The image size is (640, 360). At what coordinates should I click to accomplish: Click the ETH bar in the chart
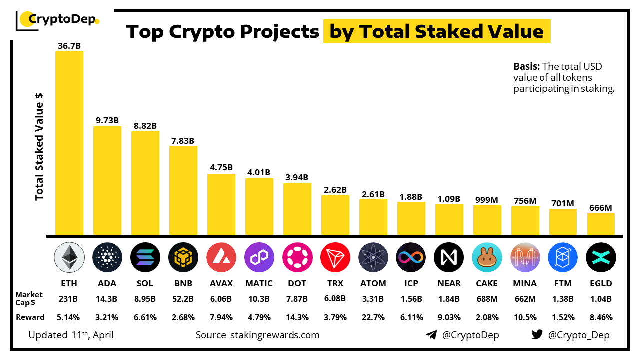coord(69,143)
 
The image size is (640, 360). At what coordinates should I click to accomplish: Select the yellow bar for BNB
coord(183,190)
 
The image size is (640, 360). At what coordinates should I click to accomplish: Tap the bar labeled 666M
coord(601,224)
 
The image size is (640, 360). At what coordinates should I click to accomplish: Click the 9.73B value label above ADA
coord(107,120)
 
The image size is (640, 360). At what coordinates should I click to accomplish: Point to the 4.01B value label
coord(259,172)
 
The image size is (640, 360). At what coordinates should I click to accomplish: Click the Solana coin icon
coord(145,257)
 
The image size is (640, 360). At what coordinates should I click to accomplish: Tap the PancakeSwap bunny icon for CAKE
coord(487,257)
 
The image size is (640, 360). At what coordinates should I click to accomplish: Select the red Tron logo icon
coord(335,257)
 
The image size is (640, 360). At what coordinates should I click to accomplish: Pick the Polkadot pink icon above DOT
coord(297,257)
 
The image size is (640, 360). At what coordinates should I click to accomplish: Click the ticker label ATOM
coord(373,283)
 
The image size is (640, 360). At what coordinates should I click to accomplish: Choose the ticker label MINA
coord(525,283)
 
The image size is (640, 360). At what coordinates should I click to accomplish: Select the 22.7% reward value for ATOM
coord(373,317)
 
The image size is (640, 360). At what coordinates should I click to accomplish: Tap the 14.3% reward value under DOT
coord(297,317)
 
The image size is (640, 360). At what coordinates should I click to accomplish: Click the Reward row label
coord(30,317)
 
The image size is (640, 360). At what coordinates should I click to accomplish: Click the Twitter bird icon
coord(537,335)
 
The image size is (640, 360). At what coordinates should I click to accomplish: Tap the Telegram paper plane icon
coord(431,335)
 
